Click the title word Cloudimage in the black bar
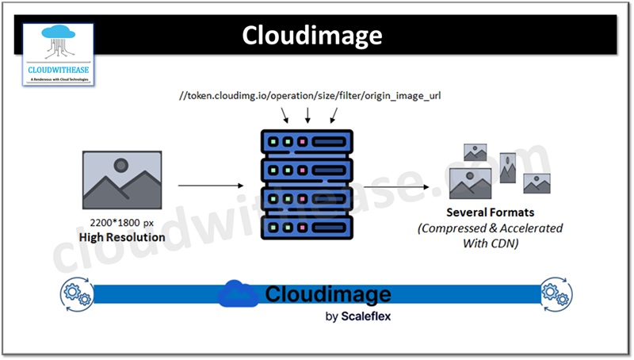(311, 36)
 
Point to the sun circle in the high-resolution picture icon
(120, 166)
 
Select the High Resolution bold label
(121, 237)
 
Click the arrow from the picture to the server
(210, 186)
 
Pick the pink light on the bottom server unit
(301, 224)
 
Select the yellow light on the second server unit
(287, 170)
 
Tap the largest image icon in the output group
(470, 182)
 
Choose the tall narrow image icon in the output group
(507, 168)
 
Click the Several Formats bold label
(490, 213)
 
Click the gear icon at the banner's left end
(74, 293)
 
